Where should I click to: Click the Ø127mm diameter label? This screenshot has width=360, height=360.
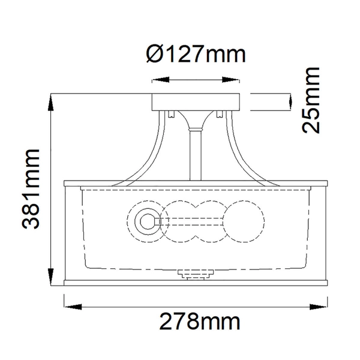click(196, 55)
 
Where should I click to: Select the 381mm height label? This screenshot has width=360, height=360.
click(31, 189)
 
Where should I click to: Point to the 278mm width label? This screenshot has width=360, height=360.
click(199, 322)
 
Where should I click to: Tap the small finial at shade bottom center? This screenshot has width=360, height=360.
click(196, 275)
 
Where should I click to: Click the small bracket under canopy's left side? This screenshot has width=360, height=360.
click(172, 114)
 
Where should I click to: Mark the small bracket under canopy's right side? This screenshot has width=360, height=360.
click(220, 114)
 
